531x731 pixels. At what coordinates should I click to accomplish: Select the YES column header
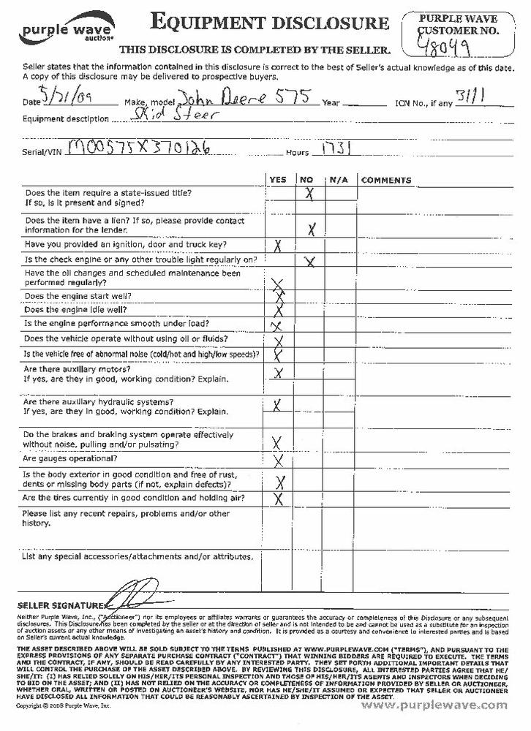pos(278,180)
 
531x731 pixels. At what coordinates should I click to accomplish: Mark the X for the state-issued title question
pos(309,194)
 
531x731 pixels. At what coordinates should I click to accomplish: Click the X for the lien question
pos(312,230)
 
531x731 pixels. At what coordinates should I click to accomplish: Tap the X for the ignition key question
pos(278,246)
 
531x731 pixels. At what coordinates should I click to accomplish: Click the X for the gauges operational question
pos(277,460)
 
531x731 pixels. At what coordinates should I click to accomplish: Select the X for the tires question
pos(278,500)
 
